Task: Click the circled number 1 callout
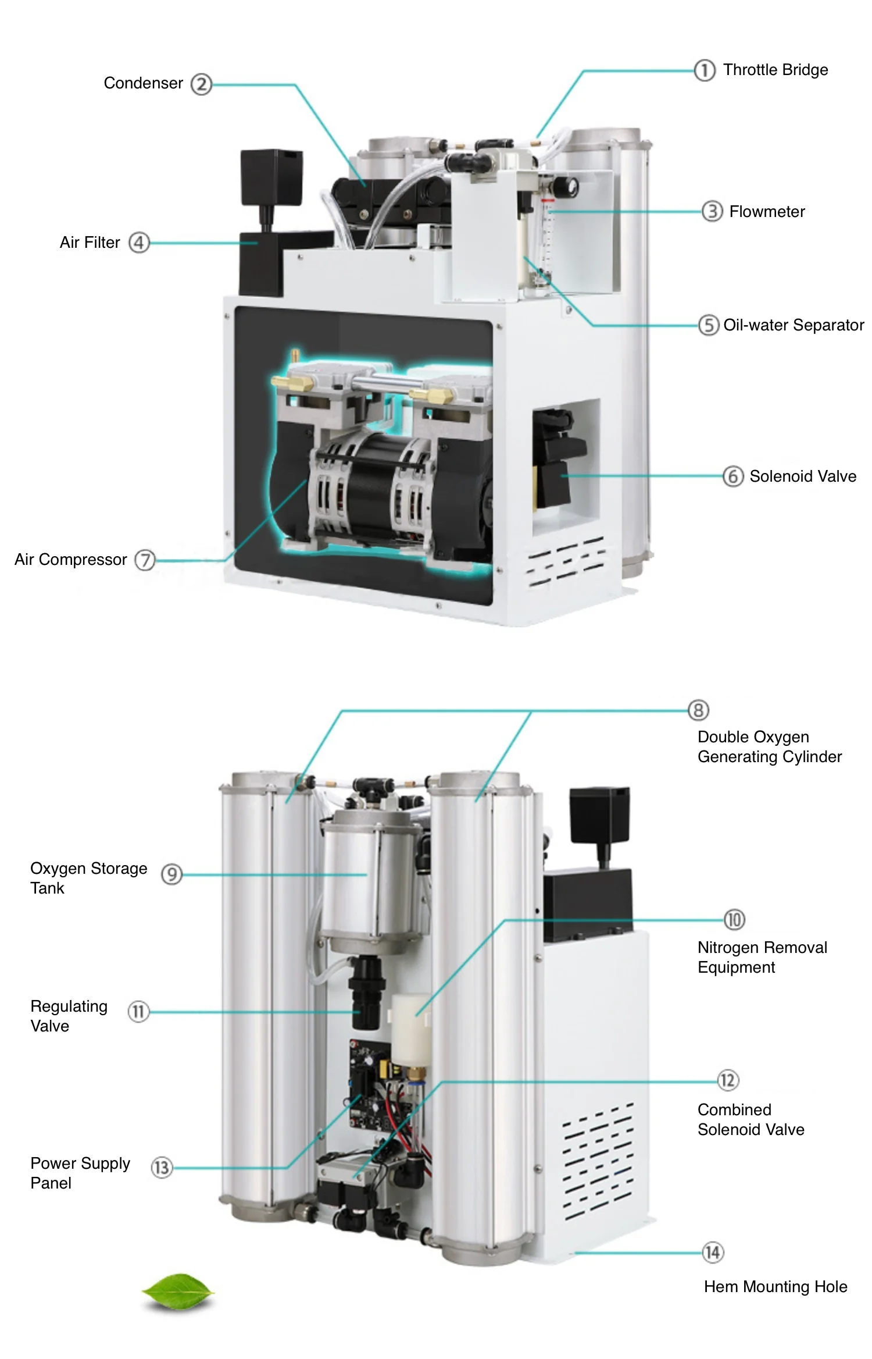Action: tap(704, 70)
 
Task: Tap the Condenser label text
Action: tap(143, 83)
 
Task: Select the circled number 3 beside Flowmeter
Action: tap(712, 211)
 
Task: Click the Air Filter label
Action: tap(90, 243)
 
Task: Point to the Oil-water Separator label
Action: tap(793, 325)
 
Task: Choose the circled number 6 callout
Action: tap(732, 476)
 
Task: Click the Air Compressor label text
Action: tap(70, 560)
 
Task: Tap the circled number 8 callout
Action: tap(698, 710)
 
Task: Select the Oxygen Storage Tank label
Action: tap(88, 878)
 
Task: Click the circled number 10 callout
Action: tap(734, 920)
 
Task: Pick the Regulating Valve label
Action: tap(69, 1016)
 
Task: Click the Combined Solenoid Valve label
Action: tap(751, 1119)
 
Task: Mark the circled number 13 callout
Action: tap(162, 1168)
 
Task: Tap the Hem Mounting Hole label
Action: tap(775, 1286)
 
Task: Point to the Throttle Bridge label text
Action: tap(775, 70)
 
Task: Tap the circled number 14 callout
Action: tap(713, 1252)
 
